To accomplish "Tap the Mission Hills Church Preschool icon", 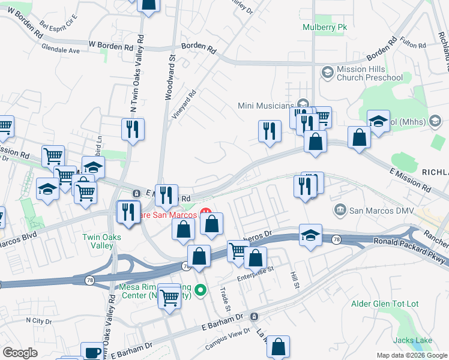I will pyautogui.click(x=327, y=73).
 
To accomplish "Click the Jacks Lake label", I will pyautogui.click(x=414, y=340).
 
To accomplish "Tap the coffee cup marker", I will pyautogui.click(x=92, y=352).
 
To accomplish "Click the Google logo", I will pyautogui.click(x=20, y=353).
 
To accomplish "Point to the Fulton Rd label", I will pyautogui.click(x=413, y=45).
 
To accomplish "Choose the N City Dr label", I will pyautogui.click(x=39, y=322).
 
